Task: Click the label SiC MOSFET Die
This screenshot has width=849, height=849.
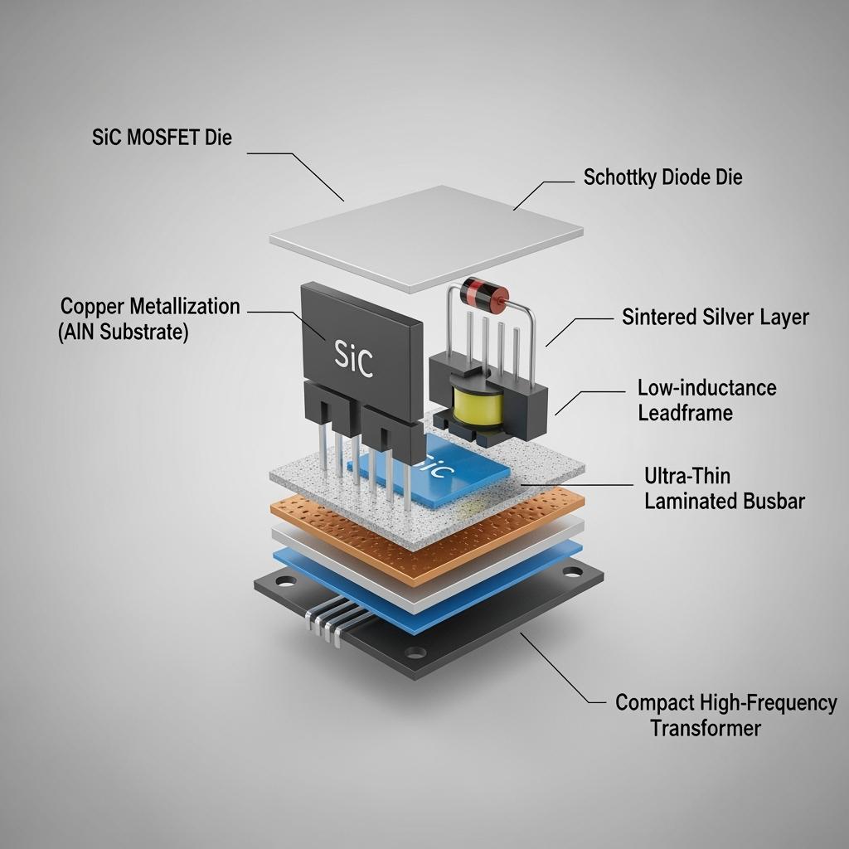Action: click(x=162, y=138)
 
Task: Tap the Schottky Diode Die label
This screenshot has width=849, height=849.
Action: click(x=662, y=177)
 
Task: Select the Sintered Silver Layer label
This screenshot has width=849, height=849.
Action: click(x=715, y=317)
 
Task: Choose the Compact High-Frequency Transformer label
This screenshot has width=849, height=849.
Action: click(x=725, y=716)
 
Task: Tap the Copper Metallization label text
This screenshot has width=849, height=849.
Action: click(x=150, y=306)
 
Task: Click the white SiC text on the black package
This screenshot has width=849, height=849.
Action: click(x=354, y=358)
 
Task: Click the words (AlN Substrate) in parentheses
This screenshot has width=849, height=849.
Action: click(x=124, y=332)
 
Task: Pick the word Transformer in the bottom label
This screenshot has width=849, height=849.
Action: click(x=705, y=728)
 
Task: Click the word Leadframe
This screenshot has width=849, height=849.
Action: click(x=685, y=412)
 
